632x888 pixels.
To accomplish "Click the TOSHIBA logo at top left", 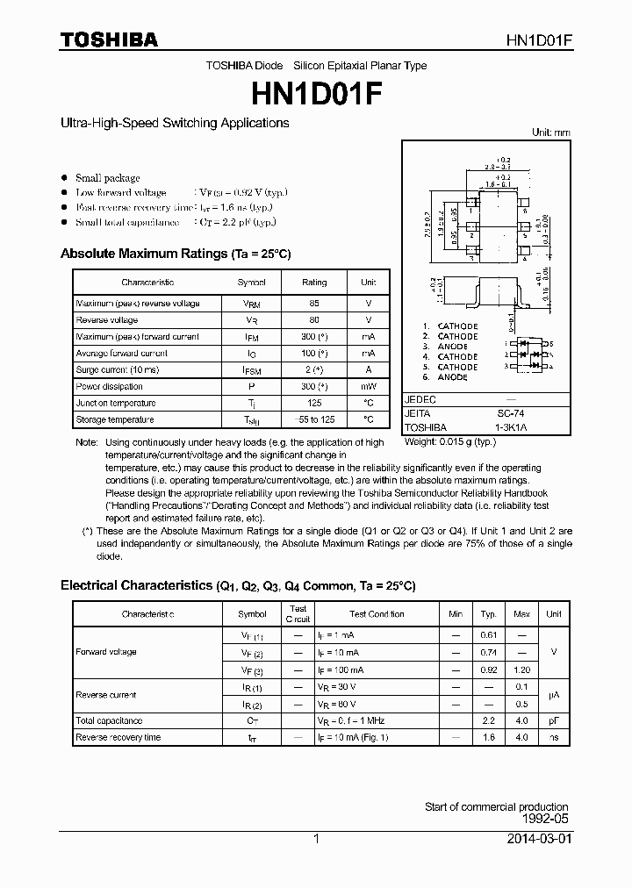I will tap(109, 39).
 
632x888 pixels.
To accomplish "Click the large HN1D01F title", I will tap(316, 91).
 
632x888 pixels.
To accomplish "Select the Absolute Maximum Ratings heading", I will tap(175, 254).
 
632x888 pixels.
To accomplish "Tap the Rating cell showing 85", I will tap(313, 304).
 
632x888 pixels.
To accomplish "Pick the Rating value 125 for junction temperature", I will tap(313, 404).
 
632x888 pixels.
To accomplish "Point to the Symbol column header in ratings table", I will tap(251, 283).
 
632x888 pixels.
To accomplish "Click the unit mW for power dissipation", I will tap(368, 387).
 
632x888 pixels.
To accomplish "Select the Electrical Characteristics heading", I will tap(237, 585).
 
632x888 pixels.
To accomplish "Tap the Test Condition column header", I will tap(377, 614).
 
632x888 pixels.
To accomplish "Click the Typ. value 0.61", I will tap(489, 635).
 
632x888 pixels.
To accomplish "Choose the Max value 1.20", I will tap(521, 670).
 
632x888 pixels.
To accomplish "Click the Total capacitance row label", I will tap(109, 720).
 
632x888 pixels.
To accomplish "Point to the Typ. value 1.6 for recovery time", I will tap(489, 738).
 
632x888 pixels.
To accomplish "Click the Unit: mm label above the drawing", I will tap(550, 132).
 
